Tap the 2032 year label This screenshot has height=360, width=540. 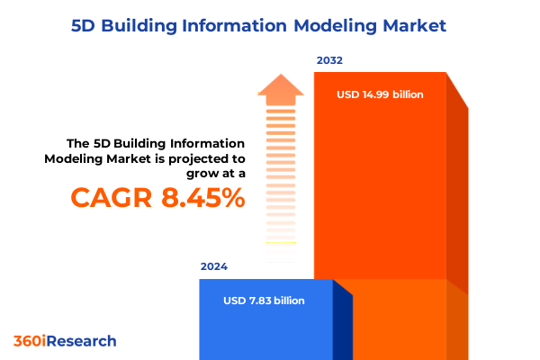click(x=329, y=61)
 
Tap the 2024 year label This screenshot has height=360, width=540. click(x=214, y=267)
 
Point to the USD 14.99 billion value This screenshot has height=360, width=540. click(x=380, y=94)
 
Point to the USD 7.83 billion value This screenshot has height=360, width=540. click(x=264, y=301)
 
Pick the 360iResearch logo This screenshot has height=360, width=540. click(x=65, y=341)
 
